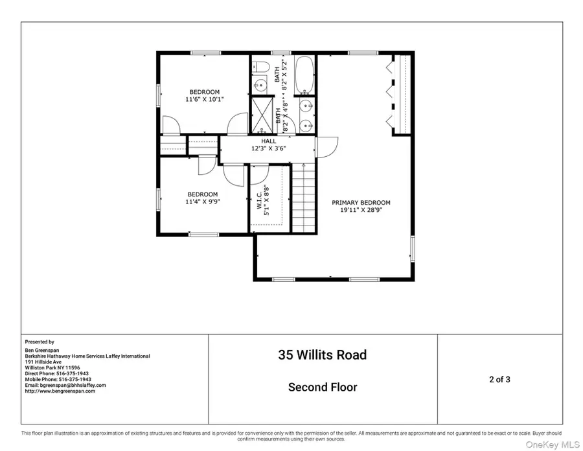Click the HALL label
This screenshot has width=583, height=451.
point(268,141)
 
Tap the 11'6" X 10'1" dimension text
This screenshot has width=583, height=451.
point(204,100)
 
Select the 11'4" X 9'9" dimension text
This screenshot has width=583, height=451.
point(203,202)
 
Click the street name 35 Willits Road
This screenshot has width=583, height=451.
point(322,355)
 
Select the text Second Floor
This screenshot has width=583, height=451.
point(322,387)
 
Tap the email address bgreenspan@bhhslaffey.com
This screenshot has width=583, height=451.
point(65,385)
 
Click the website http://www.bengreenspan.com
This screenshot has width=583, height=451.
point(60,391)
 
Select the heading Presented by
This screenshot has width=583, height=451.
point(40,341)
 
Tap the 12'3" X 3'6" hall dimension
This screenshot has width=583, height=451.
point(268,148)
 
